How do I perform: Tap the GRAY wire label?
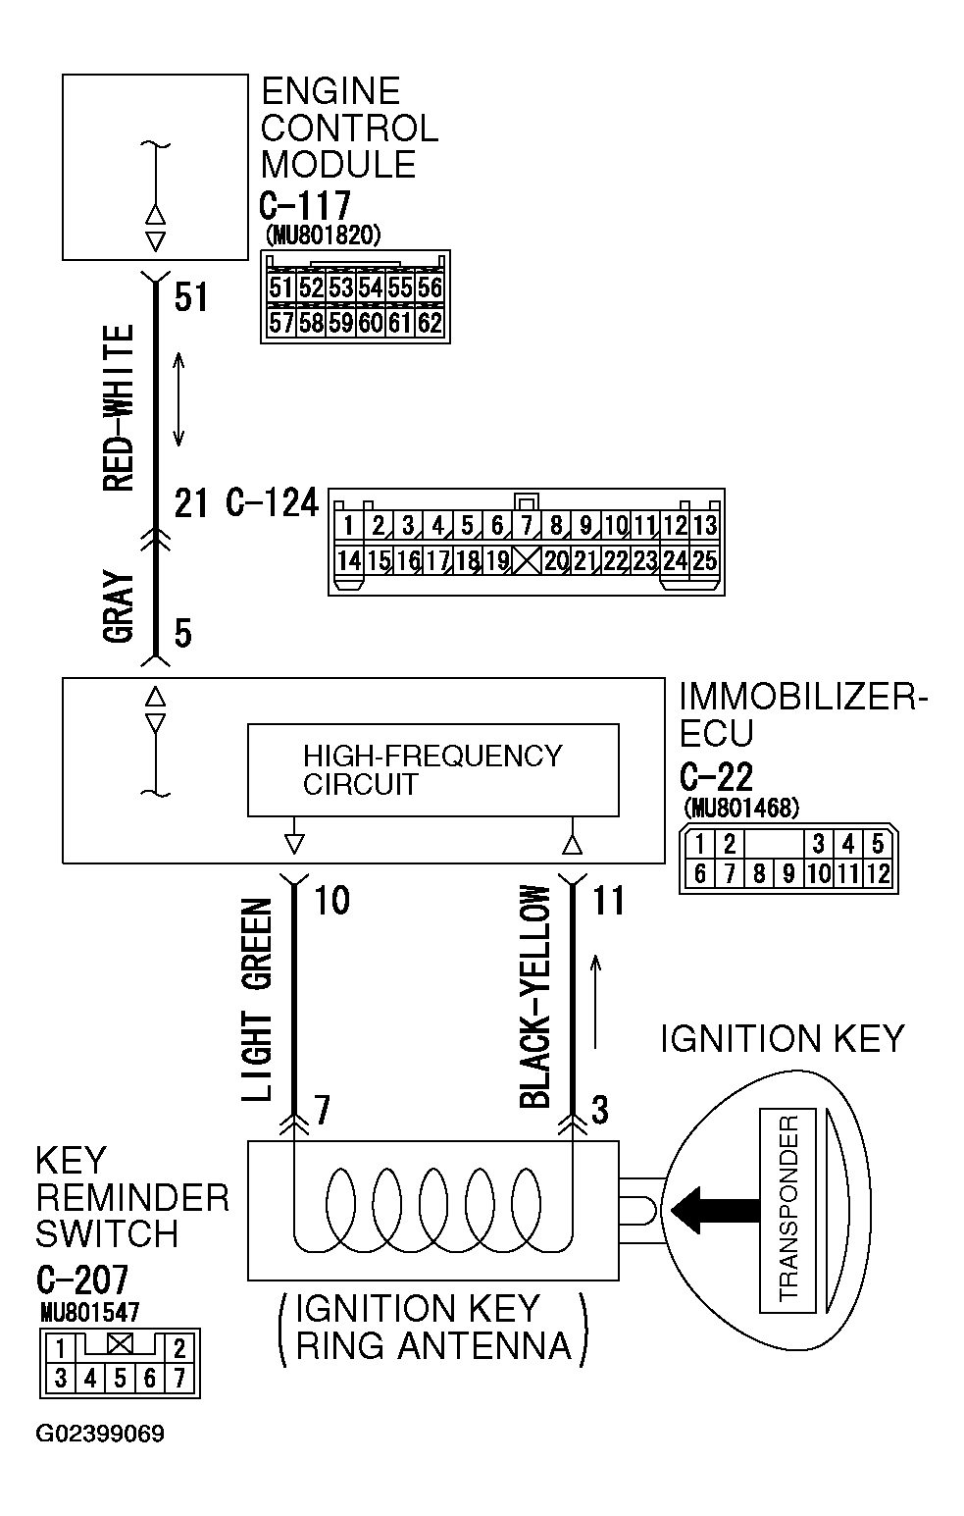[x=118, y=606]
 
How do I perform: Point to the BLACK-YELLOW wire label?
[x=534, y=996]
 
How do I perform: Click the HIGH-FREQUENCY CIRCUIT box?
[x=432, y=770]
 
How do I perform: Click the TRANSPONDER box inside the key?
[x=787, y=1212]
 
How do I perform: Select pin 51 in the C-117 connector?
[x=281, y=288]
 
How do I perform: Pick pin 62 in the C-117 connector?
[x=430, y=322]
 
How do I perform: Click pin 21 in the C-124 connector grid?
[x=585, y=561]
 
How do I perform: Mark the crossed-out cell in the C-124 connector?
[x=527, y=561]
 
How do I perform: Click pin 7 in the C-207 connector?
[x=179, y=1378]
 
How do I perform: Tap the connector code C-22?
[x=716, y=777]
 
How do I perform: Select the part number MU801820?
[x=323, y=235]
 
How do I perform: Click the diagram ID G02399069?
[x=100, y=1434]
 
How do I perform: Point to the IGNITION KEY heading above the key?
[x=782, y=1038]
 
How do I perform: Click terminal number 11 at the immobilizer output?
[x=609, y=900]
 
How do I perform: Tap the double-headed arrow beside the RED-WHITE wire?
[x=179, y=399]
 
